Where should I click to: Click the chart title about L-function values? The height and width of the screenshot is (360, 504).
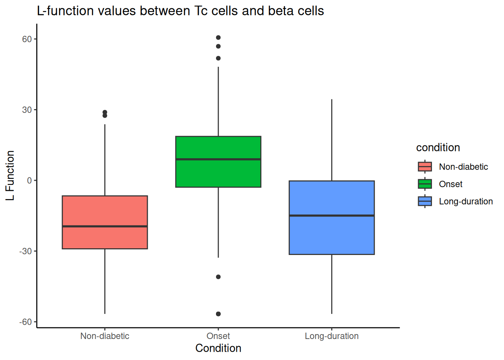[180, 10]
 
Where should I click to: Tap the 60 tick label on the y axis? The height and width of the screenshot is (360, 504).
[27, 39]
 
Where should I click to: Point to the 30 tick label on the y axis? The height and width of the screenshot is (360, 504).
[27, 110]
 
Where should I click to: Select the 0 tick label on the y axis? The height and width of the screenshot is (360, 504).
[29, 180]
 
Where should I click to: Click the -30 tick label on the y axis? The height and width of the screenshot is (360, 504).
[25, 251]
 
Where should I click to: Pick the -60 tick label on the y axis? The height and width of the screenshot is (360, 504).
[25, 322]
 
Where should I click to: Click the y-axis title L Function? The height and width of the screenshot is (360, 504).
[10, 175]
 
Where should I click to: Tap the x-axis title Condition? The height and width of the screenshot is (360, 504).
[218, 348]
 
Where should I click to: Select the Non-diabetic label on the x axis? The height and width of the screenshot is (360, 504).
[105, 336]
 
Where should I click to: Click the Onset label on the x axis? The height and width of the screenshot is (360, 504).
[218, 336]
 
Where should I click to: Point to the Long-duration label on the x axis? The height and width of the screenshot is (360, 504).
[331, 336]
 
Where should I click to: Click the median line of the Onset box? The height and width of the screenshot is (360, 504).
[218, 159]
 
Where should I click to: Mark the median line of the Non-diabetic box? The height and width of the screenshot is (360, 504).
[105, 226]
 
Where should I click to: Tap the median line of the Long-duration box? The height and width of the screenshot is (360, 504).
[331, 216]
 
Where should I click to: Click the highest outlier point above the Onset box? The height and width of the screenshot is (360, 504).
[218, 37]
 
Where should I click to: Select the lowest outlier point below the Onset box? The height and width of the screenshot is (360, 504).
[218, 314]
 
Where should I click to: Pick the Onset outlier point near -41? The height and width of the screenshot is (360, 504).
[218, 277]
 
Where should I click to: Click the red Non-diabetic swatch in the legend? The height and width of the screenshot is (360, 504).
[425, 167]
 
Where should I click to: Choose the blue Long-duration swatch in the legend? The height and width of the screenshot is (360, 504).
[425, 201]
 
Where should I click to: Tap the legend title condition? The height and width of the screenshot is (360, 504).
[438, 148]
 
